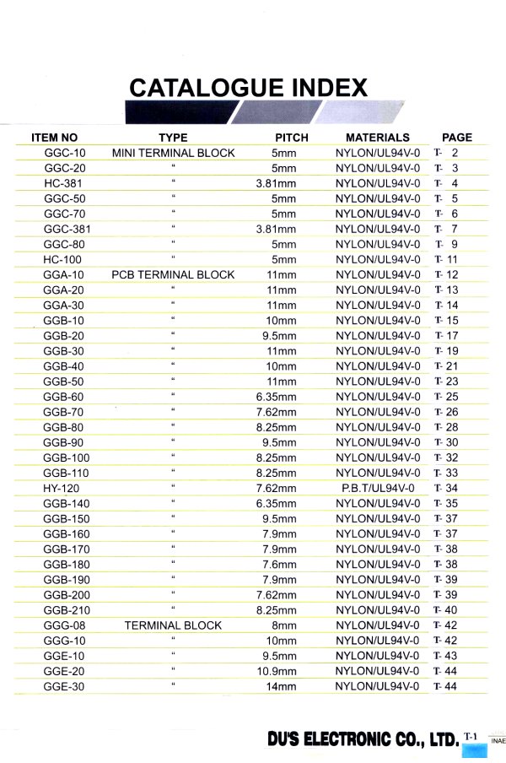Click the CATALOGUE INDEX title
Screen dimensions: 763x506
(248, 88)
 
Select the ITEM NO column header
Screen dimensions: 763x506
(55, 138)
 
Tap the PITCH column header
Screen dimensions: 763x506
(292, 138)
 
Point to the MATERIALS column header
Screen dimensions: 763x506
(377, 138)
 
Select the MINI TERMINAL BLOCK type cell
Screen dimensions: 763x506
(173, 153)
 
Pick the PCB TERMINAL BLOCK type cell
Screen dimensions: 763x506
(173, 275)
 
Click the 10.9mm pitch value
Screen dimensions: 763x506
(277, 672)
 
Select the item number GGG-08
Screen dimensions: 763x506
(65, 625)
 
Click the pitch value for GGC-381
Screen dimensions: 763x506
(277, 229)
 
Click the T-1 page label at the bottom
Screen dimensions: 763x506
(471, 736)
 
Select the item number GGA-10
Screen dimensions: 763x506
(64, 275)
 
